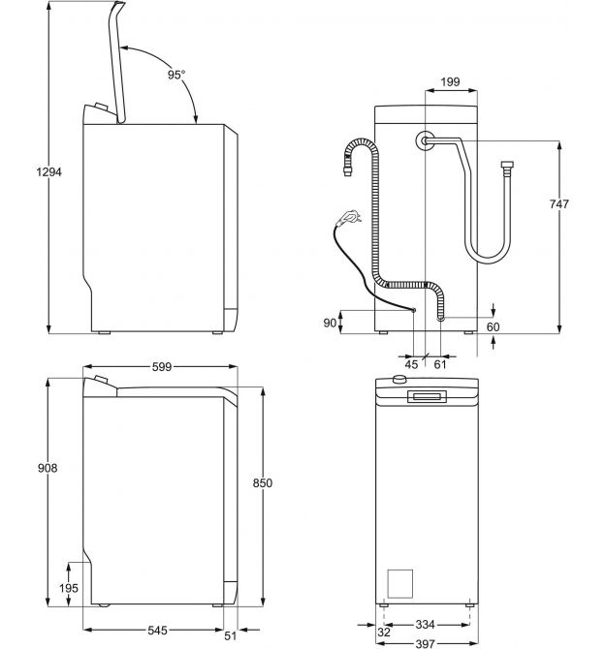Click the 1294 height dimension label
coord(48,171)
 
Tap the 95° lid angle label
coord(176,75)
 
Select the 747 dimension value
coord(558,203)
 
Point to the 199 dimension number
coord(450,82)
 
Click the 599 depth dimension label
coord(162,367)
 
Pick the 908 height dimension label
coord(48,468)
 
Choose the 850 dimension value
coord(263,483)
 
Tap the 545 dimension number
coord(158,630)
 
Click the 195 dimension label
coord(69,588)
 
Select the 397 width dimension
coord(425,643)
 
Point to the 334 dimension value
coord(425,624)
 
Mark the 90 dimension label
coord(330,323)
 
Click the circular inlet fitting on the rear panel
coord(425,141)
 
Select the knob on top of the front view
coord(399,379)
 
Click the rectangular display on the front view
coord(427,396)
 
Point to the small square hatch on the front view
coord(400,583)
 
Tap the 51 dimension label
coord(231,635)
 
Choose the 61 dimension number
coord(440,364)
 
